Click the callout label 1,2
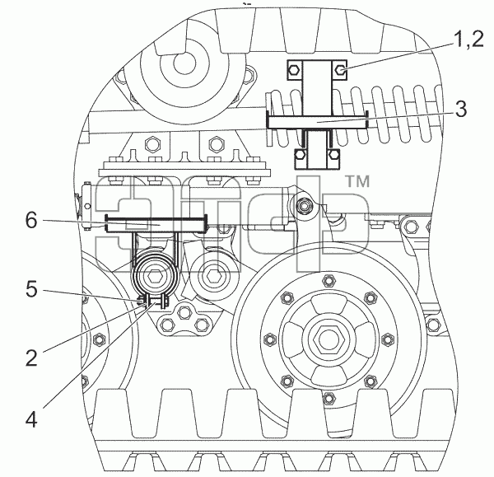pos(468,40)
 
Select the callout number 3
pos(461,110)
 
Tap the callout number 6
pos(31,220)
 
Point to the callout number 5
pos(31,289)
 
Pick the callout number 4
pos(31,419)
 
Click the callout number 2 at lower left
pos(31,358)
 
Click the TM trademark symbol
pos(358,181)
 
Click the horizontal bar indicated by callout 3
pos(317,121)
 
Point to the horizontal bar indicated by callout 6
pos(156,224)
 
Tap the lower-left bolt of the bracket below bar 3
pos(301,155)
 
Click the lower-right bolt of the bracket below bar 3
pos(333,155)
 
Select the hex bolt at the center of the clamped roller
pos(153,277)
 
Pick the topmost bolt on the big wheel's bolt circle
pos(328,279)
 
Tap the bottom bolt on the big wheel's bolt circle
pos(328,399)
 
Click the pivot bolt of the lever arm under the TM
pos(303,206)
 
